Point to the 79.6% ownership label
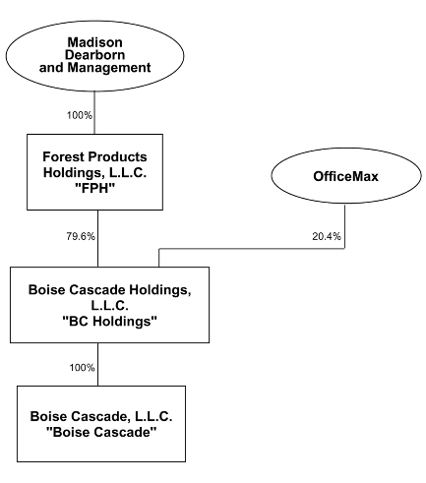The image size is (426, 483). [x=81, y=236]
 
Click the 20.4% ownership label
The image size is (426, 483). [x=327, y=236]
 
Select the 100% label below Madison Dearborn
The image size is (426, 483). [x=80, y=115]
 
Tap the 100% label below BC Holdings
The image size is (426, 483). [x=82, y=367]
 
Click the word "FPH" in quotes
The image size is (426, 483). [x=94, y=188]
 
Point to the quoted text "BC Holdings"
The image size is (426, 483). [x=109, y=321]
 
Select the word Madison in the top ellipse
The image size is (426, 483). [x=95, y=42]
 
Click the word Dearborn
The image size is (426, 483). [x=94, y=55]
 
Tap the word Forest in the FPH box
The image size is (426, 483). [x=62, y=156]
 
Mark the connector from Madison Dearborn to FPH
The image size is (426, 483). [x=94, y=112]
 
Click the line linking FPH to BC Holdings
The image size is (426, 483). [x=97, y=238]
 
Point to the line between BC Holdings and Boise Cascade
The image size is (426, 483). [x=97, y=364]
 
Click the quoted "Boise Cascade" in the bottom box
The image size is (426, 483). [x=101, y=432]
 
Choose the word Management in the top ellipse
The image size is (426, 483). [x=109, y=67]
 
